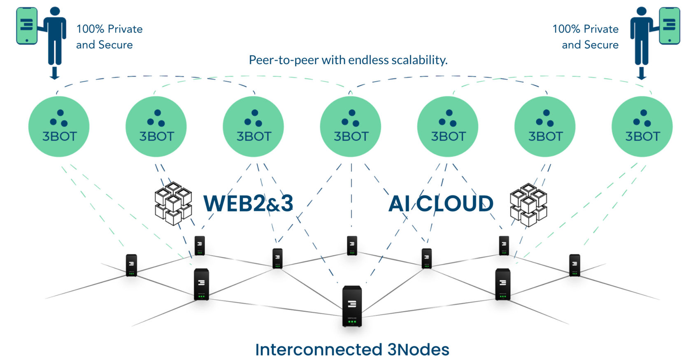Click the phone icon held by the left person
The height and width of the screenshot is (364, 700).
27,26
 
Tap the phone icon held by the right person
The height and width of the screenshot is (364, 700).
669,26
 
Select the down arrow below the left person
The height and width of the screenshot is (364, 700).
54,73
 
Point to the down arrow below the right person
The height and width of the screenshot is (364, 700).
641,73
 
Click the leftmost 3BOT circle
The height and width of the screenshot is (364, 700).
59,126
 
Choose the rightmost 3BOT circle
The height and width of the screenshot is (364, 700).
642,126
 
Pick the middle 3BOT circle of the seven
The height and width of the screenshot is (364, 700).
351,126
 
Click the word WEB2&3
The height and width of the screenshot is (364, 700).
248,203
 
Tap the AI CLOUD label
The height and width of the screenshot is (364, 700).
441,203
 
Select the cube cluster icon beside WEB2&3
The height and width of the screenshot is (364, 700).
173,204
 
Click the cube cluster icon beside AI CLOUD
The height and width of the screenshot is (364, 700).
528,205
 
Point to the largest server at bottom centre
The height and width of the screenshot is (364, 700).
352,306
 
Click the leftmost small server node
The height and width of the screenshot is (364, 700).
131,265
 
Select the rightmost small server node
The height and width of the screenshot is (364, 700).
574,265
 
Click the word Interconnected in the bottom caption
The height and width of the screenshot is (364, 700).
319,350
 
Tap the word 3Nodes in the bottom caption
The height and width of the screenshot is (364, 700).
418,350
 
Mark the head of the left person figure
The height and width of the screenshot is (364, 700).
55,11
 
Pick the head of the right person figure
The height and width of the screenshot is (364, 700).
641,11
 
